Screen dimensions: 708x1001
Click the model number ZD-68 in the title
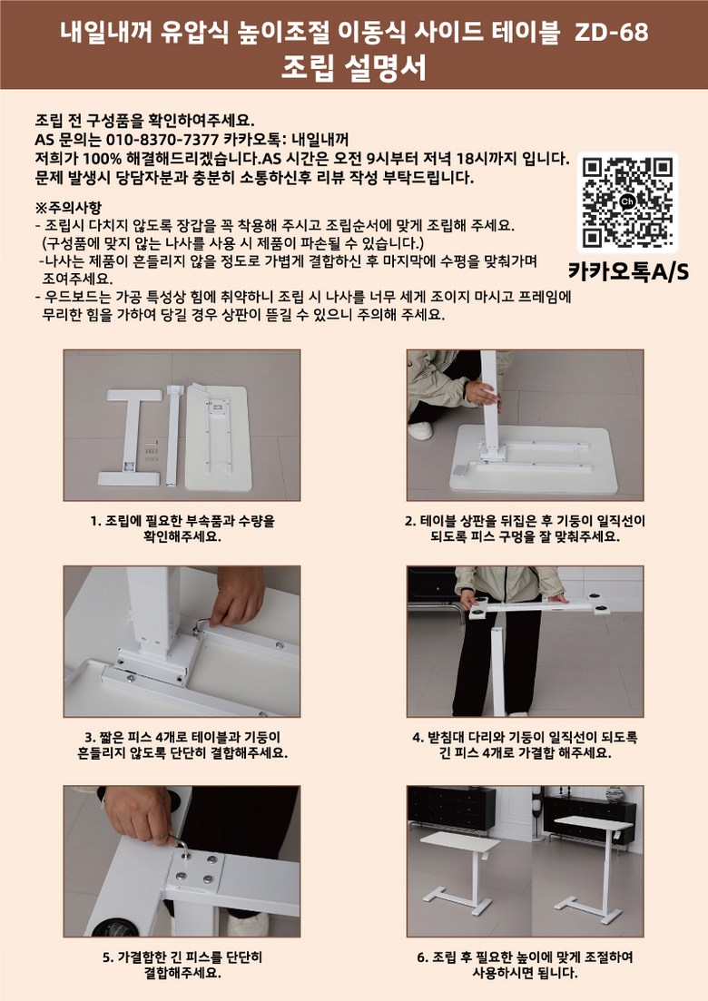611,31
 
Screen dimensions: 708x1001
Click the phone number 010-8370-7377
162,140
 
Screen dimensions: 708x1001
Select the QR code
627,203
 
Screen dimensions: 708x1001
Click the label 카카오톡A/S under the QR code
628,272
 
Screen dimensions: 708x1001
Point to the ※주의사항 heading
68,208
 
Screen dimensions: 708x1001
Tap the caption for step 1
182,528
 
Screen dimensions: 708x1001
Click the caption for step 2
525,528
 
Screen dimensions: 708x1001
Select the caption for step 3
182,745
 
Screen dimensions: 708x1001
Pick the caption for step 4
525,745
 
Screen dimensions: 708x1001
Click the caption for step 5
182,966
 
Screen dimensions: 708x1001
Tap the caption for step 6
525,966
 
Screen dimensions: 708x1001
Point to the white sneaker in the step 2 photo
420,431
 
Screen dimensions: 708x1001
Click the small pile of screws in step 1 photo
152,452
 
